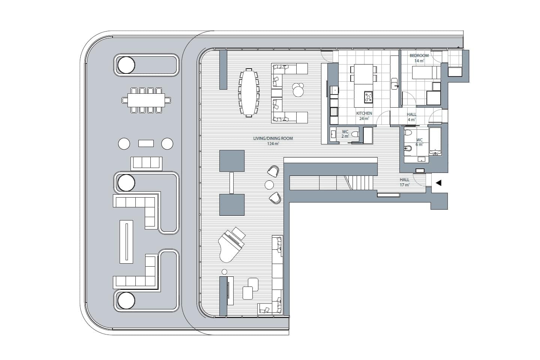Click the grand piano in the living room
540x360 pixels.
231,245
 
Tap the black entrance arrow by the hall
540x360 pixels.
439,183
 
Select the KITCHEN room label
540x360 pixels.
364,113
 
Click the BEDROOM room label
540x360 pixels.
419,55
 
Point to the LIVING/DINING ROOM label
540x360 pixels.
273,138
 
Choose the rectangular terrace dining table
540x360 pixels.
146,100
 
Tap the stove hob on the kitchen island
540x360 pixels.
368,97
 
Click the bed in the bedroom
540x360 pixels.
426,73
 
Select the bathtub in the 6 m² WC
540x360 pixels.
435,141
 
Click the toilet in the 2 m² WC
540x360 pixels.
355,134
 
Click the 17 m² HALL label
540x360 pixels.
405,182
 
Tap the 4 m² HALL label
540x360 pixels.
411,117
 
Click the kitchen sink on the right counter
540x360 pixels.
394,84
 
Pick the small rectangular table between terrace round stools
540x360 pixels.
146,144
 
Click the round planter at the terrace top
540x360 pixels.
126,65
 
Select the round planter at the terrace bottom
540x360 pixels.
126,301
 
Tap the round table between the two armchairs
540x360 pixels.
269,185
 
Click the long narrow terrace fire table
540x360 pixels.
126,241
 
